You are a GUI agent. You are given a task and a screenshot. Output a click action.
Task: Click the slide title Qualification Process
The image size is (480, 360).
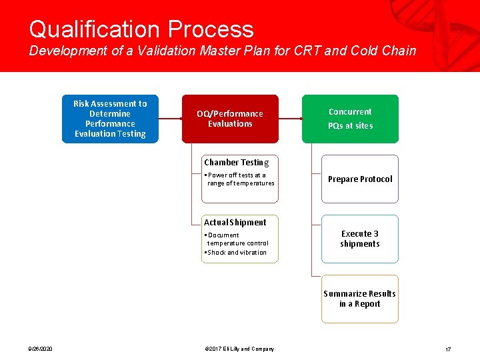141,29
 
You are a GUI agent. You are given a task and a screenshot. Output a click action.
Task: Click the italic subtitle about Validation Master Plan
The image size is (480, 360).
222,51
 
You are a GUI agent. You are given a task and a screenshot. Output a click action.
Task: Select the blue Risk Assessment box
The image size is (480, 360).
110,119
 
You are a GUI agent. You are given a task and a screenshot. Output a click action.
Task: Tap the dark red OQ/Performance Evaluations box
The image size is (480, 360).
230,119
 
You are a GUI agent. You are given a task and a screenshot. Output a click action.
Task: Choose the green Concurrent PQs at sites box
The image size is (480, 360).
350,119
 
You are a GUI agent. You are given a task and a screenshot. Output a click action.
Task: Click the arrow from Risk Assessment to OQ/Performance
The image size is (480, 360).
170,119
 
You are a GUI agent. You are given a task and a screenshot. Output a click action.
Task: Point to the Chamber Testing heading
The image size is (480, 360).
236,163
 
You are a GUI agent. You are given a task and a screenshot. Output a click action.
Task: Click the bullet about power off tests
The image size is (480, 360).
240,179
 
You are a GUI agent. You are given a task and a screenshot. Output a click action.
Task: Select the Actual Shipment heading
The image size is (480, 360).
235,223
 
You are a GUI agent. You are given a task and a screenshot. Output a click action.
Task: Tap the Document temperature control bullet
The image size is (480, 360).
237,239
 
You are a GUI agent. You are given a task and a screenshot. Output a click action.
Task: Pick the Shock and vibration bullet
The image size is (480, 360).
237,253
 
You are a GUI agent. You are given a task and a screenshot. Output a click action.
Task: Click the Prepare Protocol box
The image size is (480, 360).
360,179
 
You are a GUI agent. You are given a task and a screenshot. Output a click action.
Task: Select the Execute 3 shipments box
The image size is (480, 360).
360,239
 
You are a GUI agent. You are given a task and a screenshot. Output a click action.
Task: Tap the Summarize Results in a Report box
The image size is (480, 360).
360,299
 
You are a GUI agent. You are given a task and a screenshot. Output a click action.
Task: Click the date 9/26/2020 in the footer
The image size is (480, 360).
41,349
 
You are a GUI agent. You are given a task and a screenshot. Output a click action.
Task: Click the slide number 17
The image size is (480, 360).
448,349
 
